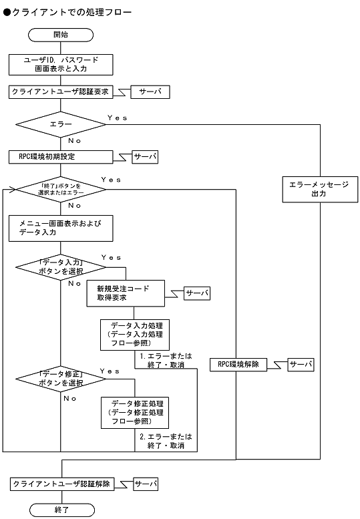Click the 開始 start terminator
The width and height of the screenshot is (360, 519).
[61, 35]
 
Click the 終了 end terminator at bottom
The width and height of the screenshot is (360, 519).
[61, 510]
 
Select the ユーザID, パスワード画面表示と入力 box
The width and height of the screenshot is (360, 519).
[61, 64]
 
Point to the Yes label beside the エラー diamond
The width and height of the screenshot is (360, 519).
[116, 118]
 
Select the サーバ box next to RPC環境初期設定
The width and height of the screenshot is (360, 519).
[145, 157]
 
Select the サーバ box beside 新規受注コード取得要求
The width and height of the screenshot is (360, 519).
[197, 293]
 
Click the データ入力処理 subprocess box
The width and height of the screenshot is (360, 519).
[135, 335]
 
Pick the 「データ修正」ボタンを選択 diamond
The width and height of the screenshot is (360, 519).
[61, 379]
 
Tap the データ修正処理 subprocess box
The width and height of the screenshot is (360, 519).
[135, 413]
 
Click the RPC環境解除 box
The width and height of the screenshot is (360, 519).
[238, 365]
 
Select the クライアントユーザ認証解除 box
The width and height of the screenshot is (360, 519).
[61, 483]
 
